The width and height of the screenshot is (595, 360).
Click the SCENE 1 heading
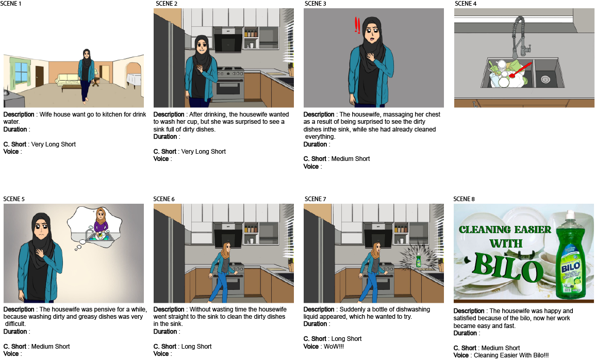pos(11,4)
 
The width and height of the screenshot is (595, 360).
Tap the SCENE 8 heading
pos(464,199)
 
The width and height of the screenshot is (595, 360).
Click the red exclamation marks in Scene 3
pos(357,25)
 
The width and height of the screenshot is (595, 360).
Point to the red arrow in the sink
pos(520,71)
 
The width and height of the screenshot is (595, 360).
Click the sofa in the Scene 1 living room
pos(69,79)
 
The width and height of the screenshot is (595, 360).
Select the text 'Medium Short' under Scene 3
pos(350,159)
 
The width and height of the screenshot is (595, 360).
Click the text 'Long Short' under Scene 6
pos(196,346)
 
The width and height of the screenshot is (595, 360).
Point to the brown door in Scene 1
pos(40,76)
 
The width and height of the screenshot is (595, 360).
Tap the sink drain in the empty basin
pos(546,79)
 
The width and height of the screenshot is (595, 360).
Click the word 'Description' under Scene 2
pos(169,114)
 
